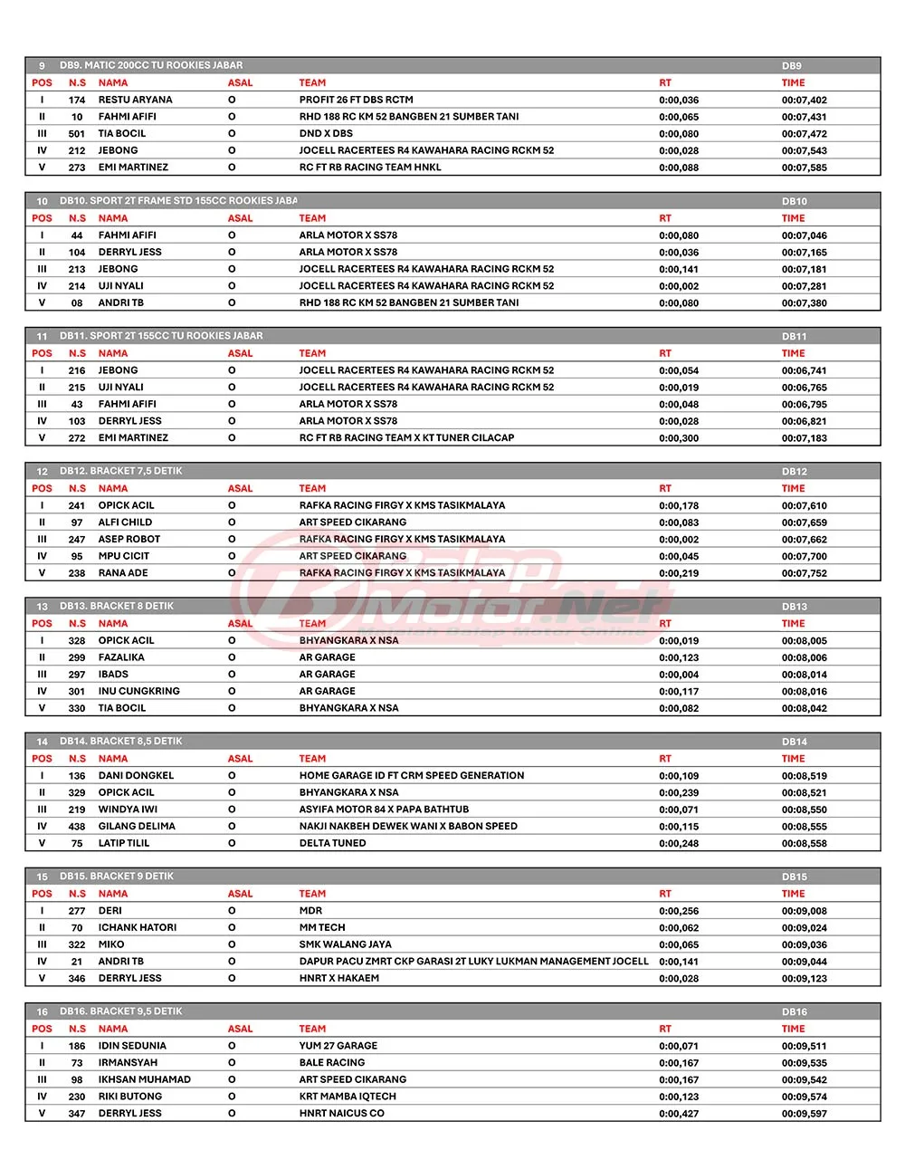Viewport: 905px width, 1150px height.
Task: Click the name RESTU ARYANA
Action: tap(135, 100)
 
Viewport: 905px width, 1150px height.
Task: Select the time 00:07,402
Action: tap(804, 101)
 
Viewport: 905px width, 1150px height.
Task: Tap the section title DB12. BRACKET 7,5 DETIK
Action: tap(121, 471)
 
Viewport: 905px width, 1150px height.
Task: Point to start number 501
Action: tap(77, 134)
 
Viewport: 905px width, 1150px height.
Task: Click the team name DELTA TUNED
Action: tap(332, 843)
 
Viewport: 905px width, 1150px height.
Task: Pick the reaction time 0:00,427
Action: tap(679, 1114)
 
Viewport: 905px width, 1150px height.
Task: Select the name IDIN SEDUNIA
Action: tap(132, 1046)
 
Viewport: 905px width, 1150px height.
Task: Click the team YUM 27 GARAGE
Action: tap(338, 1046)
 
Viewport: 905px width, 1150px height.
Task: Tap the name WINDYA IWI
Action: tap(128, 810)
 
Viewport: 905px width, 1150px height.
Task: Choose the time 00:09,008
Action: tap(804, 911)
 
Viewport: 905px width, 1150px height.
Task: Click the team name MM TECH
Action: tap(322, 928)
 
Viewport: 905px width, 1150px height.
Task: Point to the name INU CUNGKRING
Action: tap(138, 691)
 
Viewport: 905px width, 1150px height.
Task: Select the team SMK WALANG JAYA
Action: tap(345, 944)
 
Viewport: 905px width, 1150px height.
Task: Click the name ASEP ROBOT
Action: tap(129, 539)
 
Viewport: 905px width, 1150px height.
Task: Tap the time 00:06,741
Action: tap(804, 370)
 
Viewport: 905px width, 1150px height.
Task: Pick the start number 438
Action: tap(77, 827)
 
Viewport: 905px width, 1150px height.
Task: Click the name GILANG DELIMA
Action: tap(137, 826)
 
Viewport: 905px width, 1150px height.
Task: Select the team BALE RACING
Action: tap(332, 1063)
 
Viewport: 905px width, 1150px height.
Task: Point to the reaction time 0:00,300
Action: tap(679, 438)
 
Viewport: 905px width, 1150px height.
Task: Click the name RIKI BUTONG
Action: tap(129, 1097)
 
